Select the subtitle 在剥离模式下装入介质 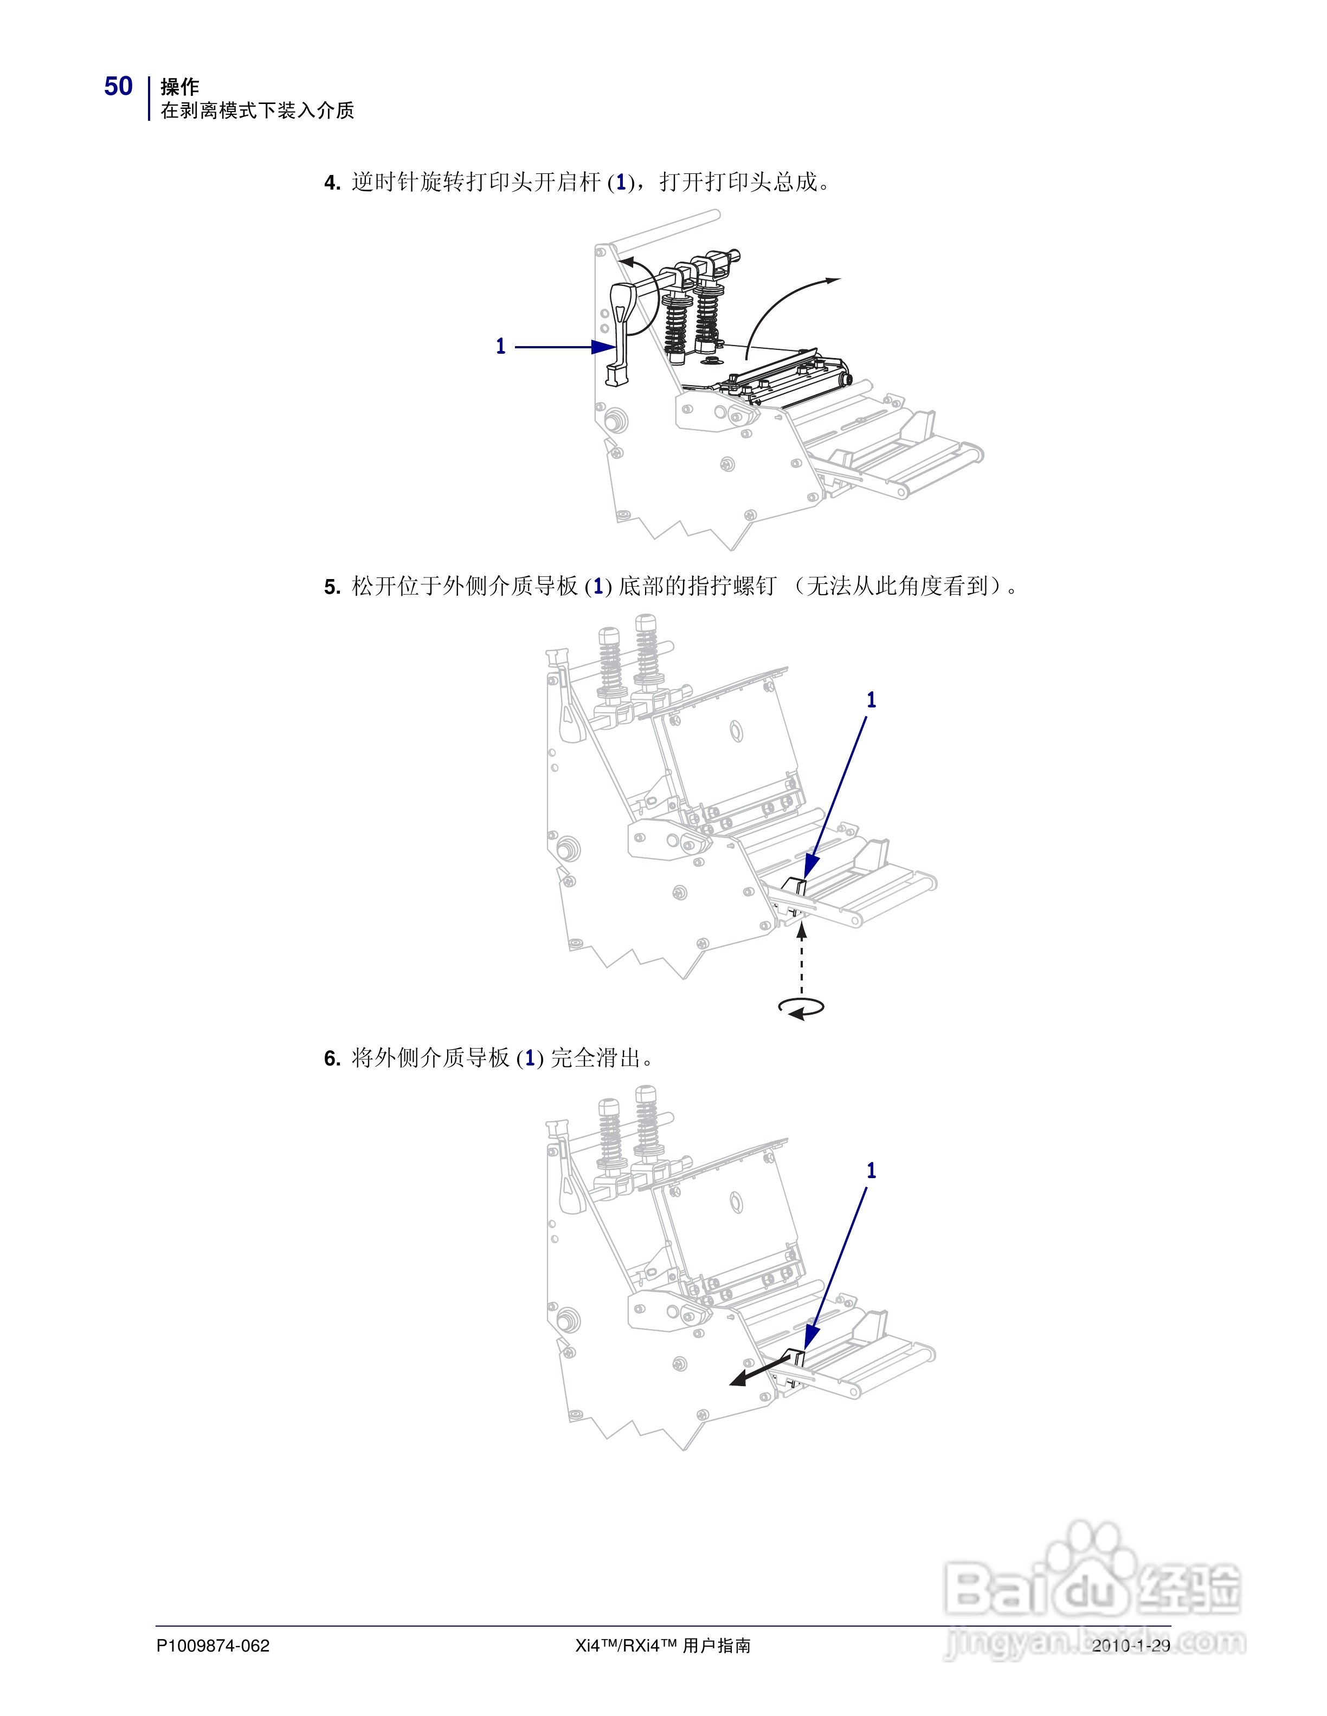[257, 111]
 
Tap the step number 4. [331, 183]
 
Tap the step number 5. [331, 587]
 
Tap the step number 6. [331, 1058]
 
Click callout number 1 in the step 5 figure [871, 699]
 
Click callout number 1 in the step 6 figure [871, 1170]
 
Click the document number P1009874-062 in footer [213, 1645]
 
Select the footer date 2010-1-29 [1130, 1645]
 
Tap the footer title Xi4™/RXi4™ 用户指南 [663, 1645]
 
